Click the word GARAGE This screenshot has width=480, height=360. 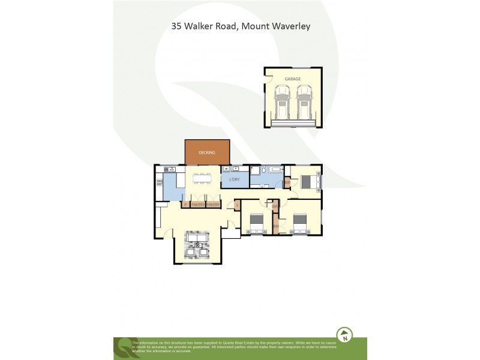pos(293,79)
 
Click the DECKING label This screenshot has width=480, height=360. pos(207,152)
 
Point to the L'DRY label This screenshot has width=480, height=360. pos(234,179)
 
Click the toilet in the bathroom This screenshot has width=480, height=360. pos(254,170)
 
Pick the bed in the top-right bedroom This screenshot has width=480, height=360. pos(310,180)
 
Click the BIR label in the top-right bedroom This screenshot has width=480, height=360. pos(287,182)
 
